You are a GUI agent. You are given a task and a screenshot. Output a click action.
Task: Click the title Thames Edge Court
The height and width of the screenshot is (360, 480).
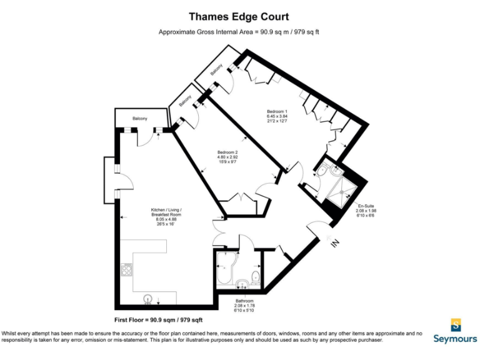(240, 17)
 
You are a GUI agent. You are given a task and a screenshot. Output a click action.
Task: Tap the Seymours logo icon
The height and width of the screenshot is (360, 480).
(456, 324)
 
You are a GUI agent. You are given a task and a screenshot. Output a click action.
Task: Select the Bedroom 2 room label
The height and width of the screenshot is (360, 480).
(227, 156)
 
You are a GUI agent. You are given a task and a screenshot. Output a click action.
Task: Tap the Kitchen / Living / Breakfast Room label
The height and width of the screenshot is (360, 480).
(166, 215)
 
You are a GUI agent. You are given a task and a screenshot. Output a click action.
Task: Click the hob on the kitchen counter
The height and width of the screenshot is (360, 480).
(125, 269)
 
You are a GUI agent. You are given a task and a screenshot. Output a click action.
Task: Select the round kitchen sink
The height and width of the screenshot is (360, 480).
(149, 299)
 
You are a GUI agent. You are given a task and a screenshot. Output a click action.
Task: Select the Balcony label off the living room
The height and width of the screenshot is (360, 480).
(140, 118)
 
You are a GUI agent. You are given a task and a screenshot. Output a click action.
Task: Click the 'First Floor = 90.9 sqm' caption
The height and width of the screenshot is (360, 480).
(164, 319)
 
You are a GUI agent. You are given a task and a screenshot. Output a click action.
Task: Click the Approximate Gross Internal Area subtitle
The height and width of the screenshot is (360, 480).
(240, 32)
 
